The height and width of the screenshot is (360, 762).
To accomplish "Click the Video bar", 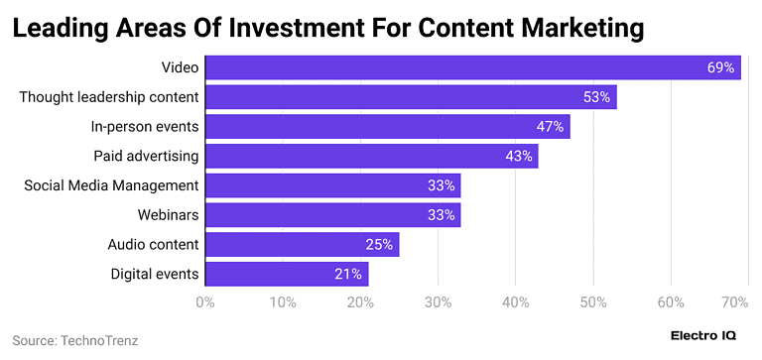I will [472, 67].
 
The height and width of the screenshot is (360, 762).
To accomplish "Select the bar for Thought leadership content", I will [411, 97].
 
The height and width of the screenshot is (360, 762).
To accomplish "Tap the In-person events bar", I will [387, 127].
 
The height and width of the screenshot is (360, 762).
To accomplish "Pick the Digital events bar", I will [287, 274].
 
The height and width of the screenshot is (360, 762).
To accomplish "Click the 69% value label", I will [720, 67].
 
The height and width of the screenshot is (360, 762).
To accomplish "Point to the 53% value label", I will [596, 97].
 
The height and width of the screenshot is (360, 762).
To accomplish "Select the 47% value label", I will [550, 127].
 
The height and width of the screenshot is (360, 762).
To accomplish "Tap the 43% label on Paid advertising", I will [518, 156].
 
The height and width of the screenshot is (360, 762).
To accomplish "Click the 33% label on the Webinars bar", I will [441, 215].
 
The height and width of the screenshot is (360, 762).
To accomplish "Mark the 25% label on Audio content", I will [379, 244].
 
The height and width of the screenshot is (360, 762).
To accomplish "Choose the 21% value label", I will [348, 274].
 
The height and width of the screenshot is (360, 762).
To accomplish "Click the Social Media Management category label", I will [111, 185].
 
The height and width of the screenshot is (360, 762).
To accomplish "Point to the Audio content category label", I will [153, 244].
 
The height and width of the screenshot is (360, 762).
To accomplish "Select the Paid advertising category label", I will [146, 156].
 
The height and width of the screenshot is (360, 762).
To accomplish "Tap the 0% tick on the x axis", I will [205, 301].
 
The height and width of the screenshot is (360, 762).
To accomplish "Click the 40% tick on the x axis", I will [515, 301].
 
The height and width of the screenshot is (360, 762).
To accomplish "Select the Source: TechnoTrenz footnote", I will [74, 340].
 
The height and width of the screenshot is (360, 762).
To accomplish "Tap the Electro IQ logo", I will [703, 337].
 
